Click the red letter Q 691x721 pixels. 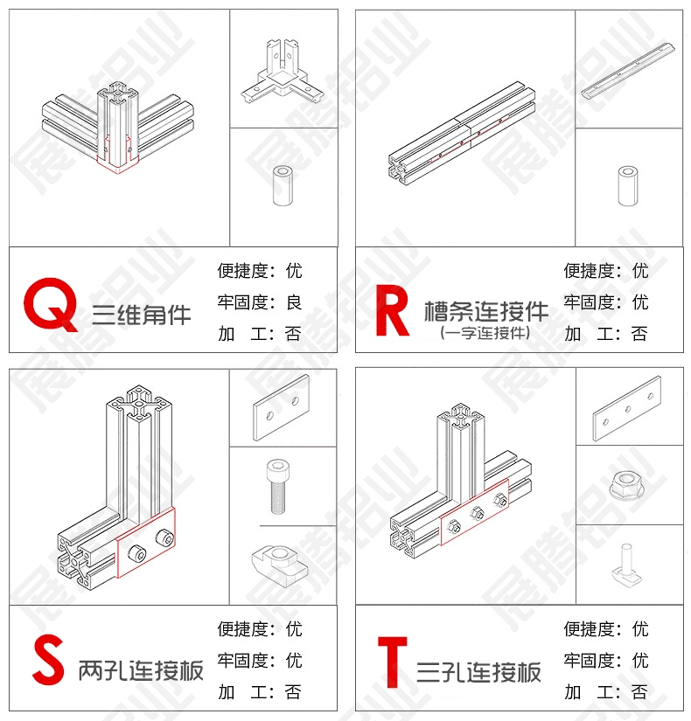50,303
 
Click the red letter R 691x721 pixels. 392,310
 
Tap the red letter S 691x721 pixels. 48,659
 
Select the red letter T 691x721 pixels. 392,662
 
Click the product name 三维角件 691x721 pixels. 142,315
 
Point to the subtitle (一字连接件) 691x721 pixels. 485,332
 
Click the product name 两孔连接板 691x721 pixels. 141,670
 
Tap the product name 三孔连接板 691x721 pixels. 478,672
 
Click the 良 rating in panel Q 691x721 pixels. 294,302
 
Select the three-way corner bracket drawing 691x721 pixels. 282,73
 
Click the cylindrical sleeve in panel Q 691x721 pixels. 283,185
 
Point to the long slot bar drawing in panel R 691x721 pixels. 628,71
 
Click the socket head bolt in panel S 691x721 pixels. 277,487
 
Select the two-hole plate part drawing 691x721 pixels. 282,408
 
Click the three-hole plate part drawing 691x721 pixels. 626,408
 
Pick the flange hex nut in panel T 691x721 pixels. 626,485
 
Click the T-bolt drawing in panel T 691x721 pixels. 626,564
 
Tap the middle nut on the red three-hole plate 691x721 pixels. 477,513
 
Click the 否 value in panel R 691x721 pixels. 639,334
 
